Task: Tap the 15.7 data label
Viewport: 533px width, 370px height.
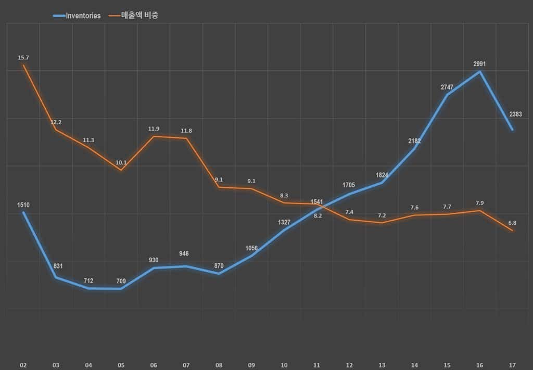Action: tap(23, 58)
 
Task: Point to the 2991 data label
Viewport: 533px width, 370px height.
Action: tap(479, 64)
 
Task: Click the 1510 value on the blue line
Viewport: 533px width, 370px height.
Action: tap(23, 205)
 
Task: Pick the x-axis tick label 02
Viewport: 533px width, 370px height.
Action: tap(23, 365)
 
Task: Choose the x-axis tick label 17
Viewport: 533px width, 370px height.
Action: tap(512, 365)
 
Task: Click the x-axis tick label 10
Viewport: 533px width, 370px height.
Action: tap(284, 365)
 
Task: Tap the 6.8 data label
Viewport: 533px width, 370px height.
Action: tap(512, 222)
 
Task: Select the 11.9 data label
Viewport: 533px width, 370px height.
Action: tap(154, 129)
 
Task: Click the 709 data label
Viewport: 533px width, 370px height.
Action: tap(121, 281)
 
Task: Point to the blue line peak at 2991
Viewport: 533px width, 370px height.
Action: tap(479, 71)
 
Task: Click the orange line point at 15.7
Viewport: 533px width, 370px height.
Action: tap(23, 65)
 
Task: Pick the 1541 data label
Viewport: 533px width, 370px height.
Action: tap(317, 201)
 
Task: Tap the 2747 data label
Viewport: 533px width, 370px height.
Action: tap(447, 87)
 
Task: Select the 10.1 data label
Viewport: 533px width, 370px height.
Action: tap(121, 162)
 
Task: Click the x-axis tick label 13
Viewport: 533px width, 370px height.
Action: tap(382, 365)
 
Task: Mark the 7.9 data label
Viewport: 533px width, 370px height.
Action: tap(479, 203)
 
